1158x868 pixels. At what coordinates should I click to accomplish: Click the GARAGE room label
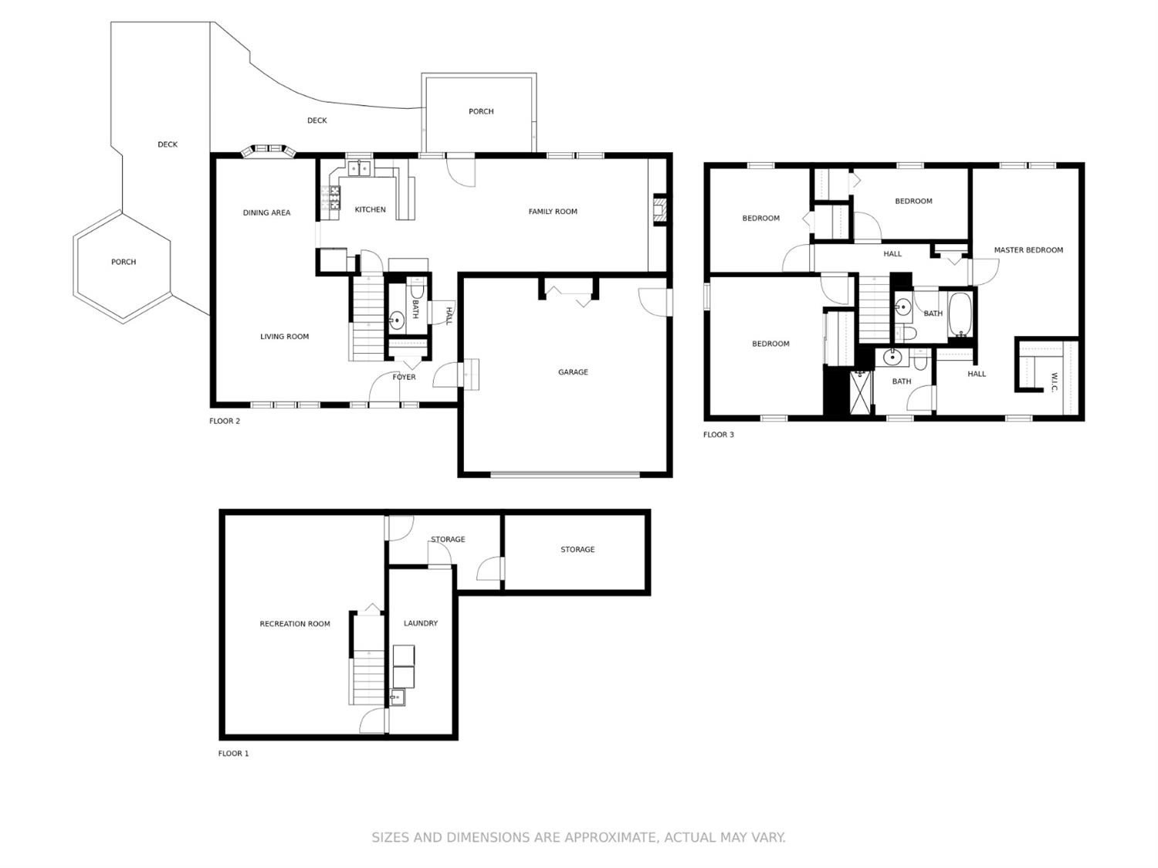pyautogui.click(x=573, y=372)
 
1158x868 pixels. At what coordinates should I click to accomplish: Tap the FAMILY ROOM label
pyautogui.click(x=553, y=212)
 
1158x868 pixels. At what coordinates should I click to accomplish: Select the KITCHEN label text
pyautogui.click(x=370, y=209)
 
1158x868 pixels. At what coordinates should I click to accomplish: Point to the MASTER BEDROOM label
pyautogui.click(x=1028, y=250)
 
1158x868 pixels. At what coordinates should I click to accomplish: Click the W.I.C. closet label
pyautogui.click(x=1054, y=382)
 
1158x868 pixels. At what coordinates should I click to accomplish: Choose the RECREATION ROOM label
pyautogui.click(x=295, y=624)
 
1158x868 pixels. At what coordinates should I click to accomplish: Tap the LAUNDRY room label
pyautogui.click(x=421, y=623)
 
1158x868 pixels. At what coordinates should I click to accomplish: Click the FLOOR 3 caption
pyautogui.click(x=718, y=435)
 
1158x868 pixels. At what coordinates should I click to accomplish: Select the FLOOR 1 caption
pyautogui.click(x=233, y=754)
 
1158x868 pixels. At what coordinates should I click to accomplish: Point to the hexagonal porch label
pyautogui.click(x=124, y=262)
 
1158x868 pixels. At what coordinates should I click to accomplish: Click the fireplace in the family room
pyautogui.click(x=659, y=210)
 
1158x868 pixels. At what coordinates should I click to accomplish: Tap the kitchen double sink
pyautogui.click(x=359, y=168)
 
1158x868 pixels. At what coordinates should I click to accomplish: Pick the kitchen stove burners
pyautogui.click(x=334, y=198)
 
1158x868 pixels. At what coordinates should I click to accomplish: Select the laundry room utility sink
pyautogui.click(x=398, y=697)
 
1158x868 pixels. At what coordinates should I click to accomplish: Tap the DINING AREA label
pyautogui.click(x=266, y=212)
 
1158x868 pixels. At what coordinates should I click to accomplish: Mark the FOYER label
pyautogui.click(x=404, y=378)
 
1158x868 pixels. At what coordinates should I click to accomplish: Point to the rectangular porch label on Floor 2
pyautogui.click(x=481, y=111)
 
